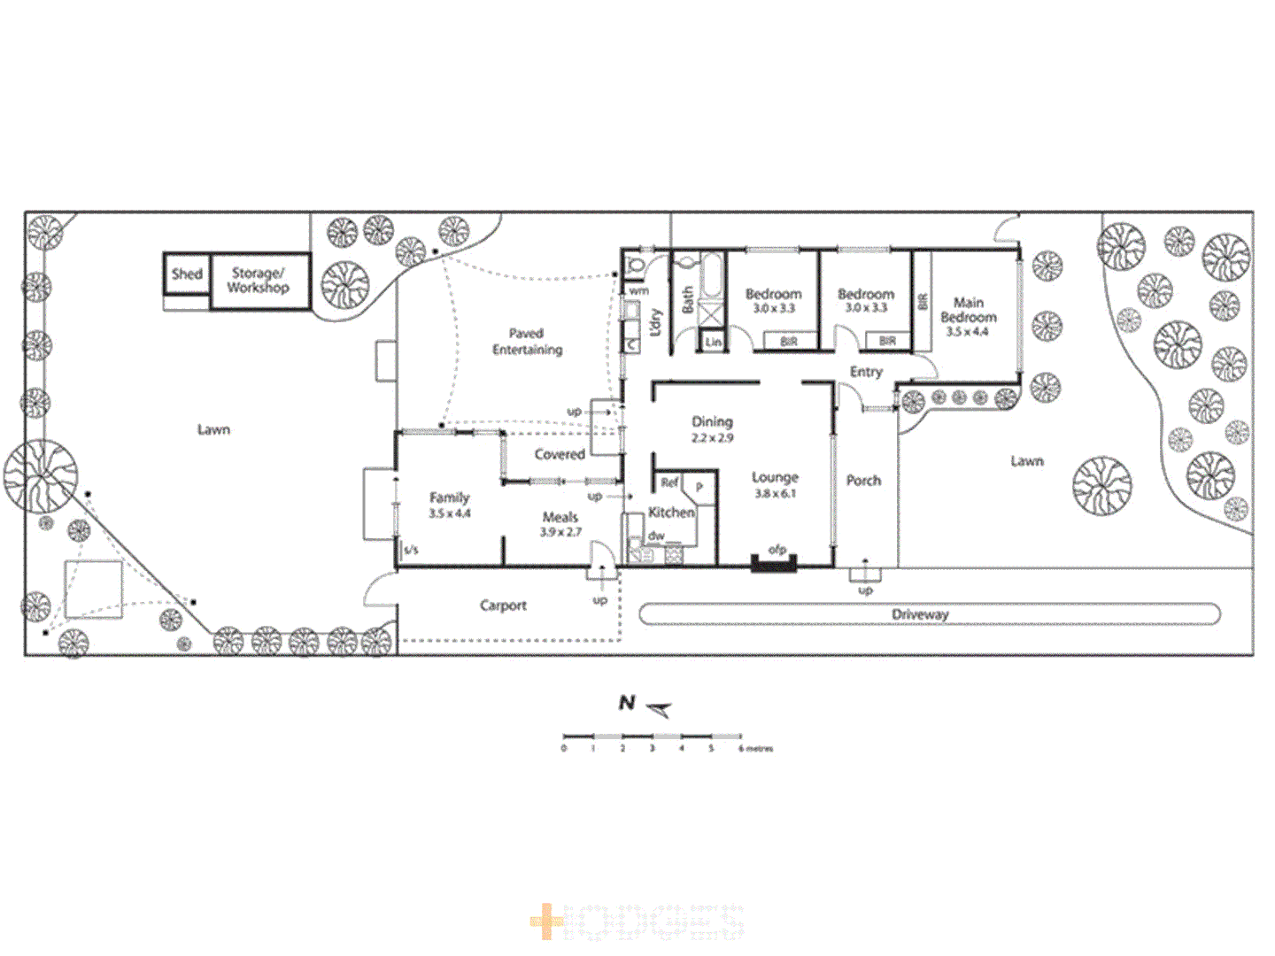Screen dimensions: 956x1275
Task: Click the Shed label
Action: (187, 274)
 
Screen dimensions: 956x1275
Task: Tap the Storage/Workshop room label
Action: (258, 280)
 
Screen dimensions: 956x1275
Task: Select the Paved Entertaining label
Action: (527, 341)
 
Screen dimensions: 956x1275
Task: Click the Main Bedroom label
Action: (968, 310)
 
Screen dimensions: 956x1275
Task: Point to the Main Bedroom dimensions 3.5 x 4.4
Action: (967, 332)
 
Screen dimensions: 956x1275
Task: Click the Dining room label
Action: (712, 421)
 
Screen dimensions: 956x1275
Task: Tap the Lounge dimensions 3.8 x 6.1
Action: (775, 493)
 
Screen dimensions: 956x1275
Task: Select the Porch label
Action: (863, 481)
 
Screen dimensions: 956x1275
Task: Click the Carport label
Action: (503, 605)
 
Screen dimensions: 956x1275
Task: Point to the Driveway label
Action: (920, 614)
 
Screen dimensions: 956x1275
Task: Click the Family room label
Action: (449, 497)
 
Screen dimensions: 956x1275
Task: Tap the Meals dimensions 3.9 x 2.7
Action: (560, 532)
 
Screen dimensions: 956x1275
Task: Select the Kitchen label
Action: (671, 512)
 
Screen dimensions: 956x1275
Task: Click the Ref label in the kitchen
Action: (668, 482)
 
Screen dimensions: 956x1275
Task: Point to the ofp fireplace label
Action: (777, 550)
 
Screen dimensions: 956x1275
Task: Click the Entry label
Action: (866, 372)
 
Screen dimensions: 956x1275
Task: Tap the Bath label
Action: (687, 299)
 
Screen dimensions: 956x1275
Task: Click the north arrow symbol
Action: (659, 707)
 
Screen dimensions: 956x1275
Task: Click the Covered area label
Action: (559, 454)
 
